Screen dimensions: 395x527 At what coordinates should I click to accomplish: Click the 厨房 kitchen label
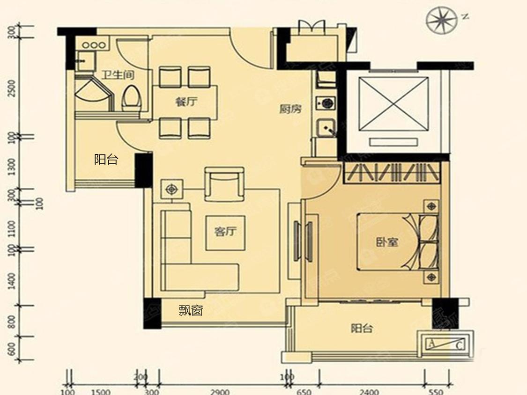click(290, 109)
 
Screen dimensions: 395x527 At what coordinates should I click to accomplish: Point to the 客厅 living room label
click(225, 232)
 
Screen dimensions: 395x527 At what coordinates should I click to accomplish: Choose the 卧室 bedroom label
click(387, 242)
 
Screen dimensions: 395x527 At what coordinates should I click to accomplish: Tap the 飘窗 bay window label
click(191, 310)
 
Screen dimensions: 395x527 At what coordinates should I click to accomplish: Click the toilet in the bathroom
click(131, 97)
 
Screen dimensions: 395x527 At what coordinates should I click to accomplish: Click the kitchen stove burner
click(325, 102)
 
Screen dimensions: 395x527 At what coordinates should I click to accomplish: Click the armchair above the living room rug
click(224, 183)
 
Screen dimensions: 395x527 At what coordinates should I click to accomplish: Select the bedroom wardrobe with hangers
click(393, 173)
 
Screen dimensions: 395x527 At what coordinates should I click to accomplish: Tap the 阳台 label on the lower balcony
click(362, 329)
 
